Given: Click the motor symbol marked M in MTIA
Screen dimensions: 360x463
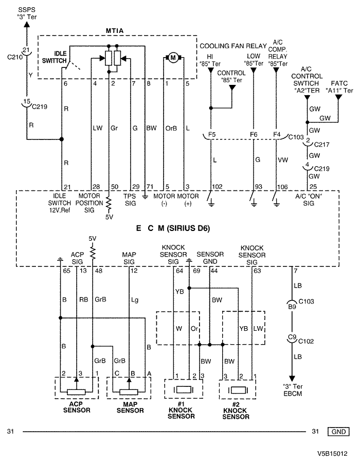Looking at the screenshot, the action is click(x=173, y=58).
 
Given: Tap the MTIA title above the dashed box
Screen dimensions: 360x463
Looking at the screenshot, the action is click(x=115, y=31).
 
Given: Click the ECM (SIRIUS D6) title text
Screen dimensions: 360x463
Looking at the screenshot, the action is click(x=173, y=228).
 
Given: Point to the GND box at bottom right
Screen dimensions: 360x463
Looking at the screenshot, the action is click(x=338, y=432).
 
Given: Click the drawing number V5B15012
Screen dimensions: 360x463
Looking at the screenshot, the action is click(x=333, y=454).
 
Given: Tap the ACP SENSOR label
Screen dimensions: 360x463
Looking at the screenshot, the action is click(x=77, y=407).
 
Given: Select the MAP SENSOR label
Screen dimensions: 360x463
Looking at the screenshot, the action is click(x=130, y=407).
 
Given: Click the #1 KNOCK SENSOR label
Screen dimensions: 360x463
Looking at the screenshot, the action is click(x=181, y=410).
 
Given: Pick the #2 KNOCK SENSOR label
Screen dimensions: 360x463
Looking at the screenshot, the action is click(x=236, y=411).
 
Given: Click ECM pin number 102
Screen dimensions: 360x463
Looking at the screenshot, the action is click(x=218, y=187).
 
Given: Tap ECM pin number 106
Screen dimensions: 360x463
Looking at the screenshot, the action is click(x=282, y=187).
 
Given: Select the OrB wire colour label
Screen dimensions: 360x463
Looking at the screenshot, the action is click(x=171, y=129).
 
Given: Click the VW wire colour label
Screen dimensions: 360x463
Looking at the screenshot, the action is click(x=283, y=160).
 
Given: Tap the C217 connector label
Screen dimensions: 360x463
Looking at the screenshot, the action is click(x=321, y=145).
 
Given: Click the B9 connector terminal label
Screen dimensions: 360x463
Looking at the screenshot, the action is click(x=292, y=307).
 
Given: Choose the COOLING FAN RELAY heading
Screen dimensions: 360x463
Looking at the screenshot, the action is click(x=233, y=46).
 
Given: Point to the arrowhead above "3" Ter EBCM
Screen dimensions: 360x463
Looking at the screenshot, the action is click(x=292, y=378).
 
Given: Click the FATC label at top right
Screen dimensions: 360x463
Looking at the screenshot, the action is click(x=339, y=83).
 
